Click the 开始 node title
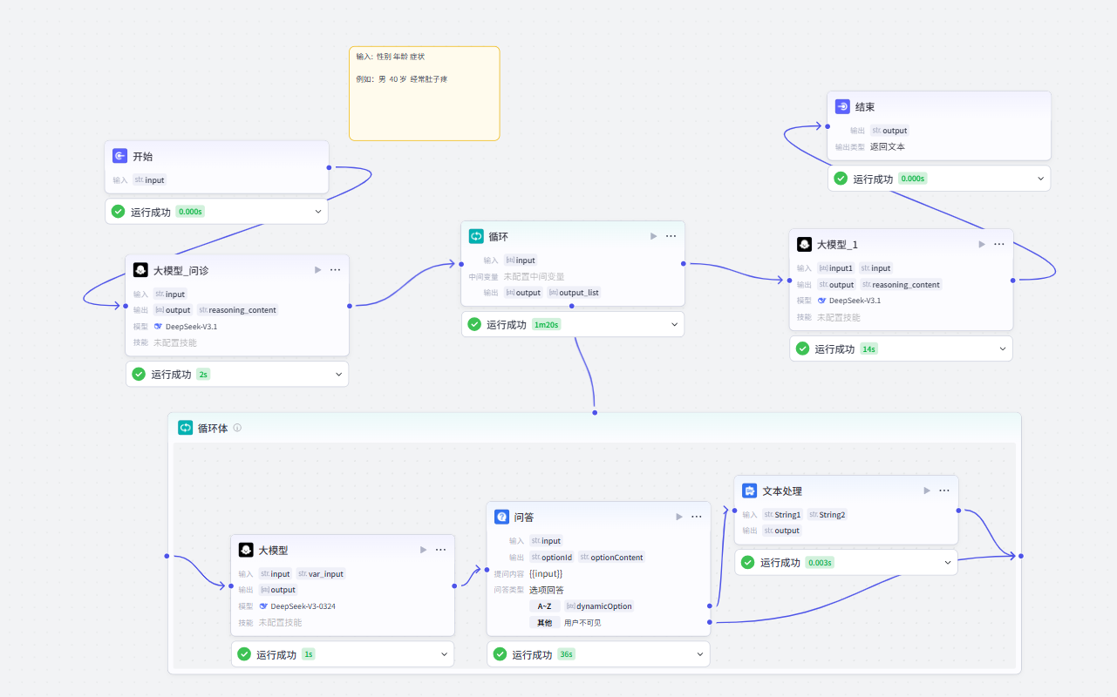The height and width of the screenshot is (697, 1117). tap(143, 157)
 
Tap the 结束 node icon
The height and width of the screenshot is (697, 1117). tap(842, 106)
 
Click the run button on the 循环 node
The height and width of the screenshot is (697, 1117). tap(653, 236)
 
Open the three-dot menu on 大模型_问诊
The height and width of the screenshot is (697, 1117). tap(335, 270)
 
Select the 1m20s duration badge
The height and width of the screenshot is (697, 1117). tap(546, 325)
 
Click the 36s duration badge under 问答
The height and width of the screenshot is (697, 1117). tap(566, 654)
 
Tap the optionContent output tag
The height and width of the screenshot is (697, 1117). tap(611, 557)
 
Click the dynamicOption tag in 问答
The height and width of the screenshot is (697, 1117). tap(599, 606)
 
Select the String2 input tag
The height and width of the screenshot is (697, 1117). tap(827, 515)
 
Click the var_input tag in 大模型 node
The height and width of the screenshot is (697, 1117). tap(321, 574)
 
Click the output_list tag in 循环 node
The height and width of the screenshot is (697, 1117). tap(574, 293)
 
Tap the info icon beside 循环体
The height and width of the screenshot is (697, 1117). tap(237, 428)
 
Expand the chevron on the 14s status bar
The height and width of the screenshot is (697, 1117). tap(1002, 348)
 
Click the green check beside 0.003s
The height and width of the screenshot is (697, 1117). tap(747, 563)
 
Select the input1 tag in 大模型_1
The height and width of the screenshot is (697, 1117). tap(835, 268)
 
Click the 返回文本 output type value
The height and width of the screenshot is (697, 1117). tap(887, 147)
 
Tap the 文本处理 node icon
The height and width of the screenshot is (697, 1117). tap(749, 491)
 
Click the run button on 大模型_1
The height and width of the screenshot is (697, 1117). tap(981, 244)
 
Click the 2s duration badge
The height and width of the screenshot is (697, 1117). tap(203, 375)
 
